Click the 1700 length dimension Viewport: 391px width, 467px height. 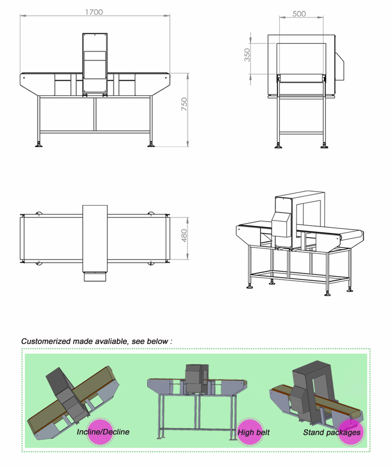94,12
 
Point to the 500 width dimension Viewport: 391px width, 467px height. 299,14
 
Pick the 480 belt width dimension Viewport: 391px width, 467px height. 184,236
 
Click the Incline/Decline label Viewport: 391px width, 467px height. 103,432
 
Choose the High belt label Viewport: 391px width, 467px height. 254,432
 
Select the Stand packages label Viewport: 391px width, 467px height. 331,432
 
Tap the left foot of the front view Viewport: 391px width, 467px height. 39,144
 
